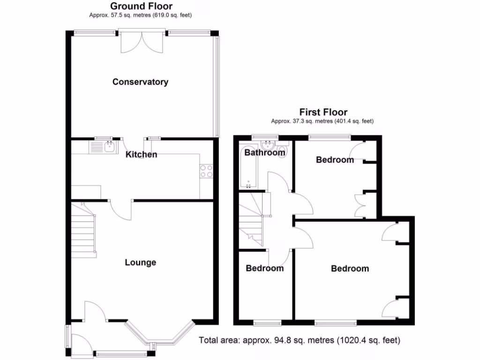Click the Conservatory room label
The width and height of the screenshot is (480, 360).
pyautogui.click(x=140, y=82)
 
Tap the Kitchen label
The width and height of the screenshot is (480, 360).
pyautogui.click(x=141, y=154)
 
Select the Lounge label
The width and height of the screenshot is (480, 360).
pyautogui.click(x=140, y=262)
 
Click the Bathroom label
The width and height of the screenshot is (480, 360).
pyautogui.click(x=265, y=152)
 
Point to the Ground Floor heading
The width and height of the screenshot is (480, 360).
pyautogui.click(x=141, y=6)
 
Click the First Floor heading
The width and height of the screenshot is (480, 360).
pyautogui.click(x=323, y=112)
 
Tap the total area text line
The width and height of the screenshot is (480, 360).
pyautogui.click(x=300, y=340)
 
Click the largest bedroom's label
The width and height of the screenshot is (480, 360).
pyautogui.click(x=350, y=269)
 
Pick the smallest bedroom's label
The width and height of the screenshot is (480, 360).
pyautogui.click(x=265, y=268)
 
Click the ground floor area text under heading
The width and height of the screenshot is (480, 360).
pyautogui.click(x=141, y=15)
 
